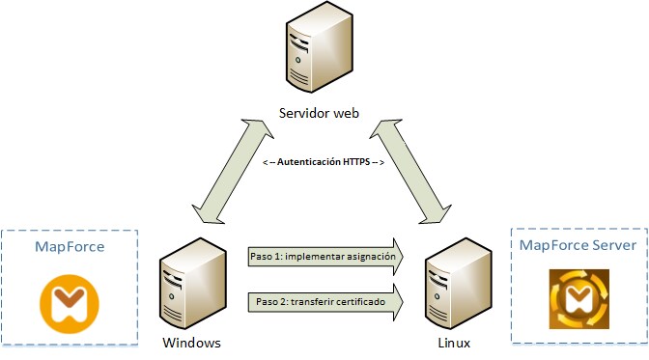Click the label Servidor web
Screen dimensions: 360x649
coord(318,114)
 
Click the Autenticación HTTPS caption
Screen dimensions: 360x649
coord(324,163)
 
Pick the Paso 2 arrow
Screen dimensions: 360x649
coord(324,302)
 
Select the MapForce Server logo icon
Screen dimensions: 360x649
coord(578,300)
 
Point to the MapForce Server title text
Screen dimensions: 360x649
coord(578,245)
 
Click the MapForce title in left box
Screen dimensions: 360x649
coord(70,247)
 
